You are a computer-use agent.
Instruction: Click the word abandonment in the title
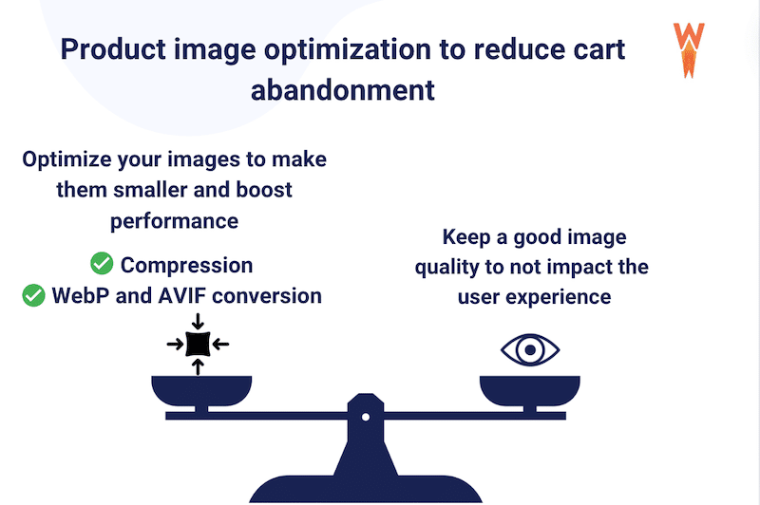(x=343, y=90)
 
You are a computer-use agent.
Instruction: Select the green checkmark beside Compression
(x=102, y=264)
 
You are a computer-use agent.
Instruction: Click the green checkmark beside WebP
(x=33, y=295)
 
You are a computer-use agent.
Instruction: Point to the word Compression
(x=186, y=265)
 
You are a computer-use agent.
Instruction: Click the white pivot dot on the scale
(x=365, y=415)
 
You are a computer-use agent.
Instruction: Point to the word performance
(x=174, y=221)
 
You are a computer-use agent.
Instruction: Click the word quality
(x=455, y=266)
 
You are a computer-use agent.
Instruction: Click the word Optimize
(x=68, y=159)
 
